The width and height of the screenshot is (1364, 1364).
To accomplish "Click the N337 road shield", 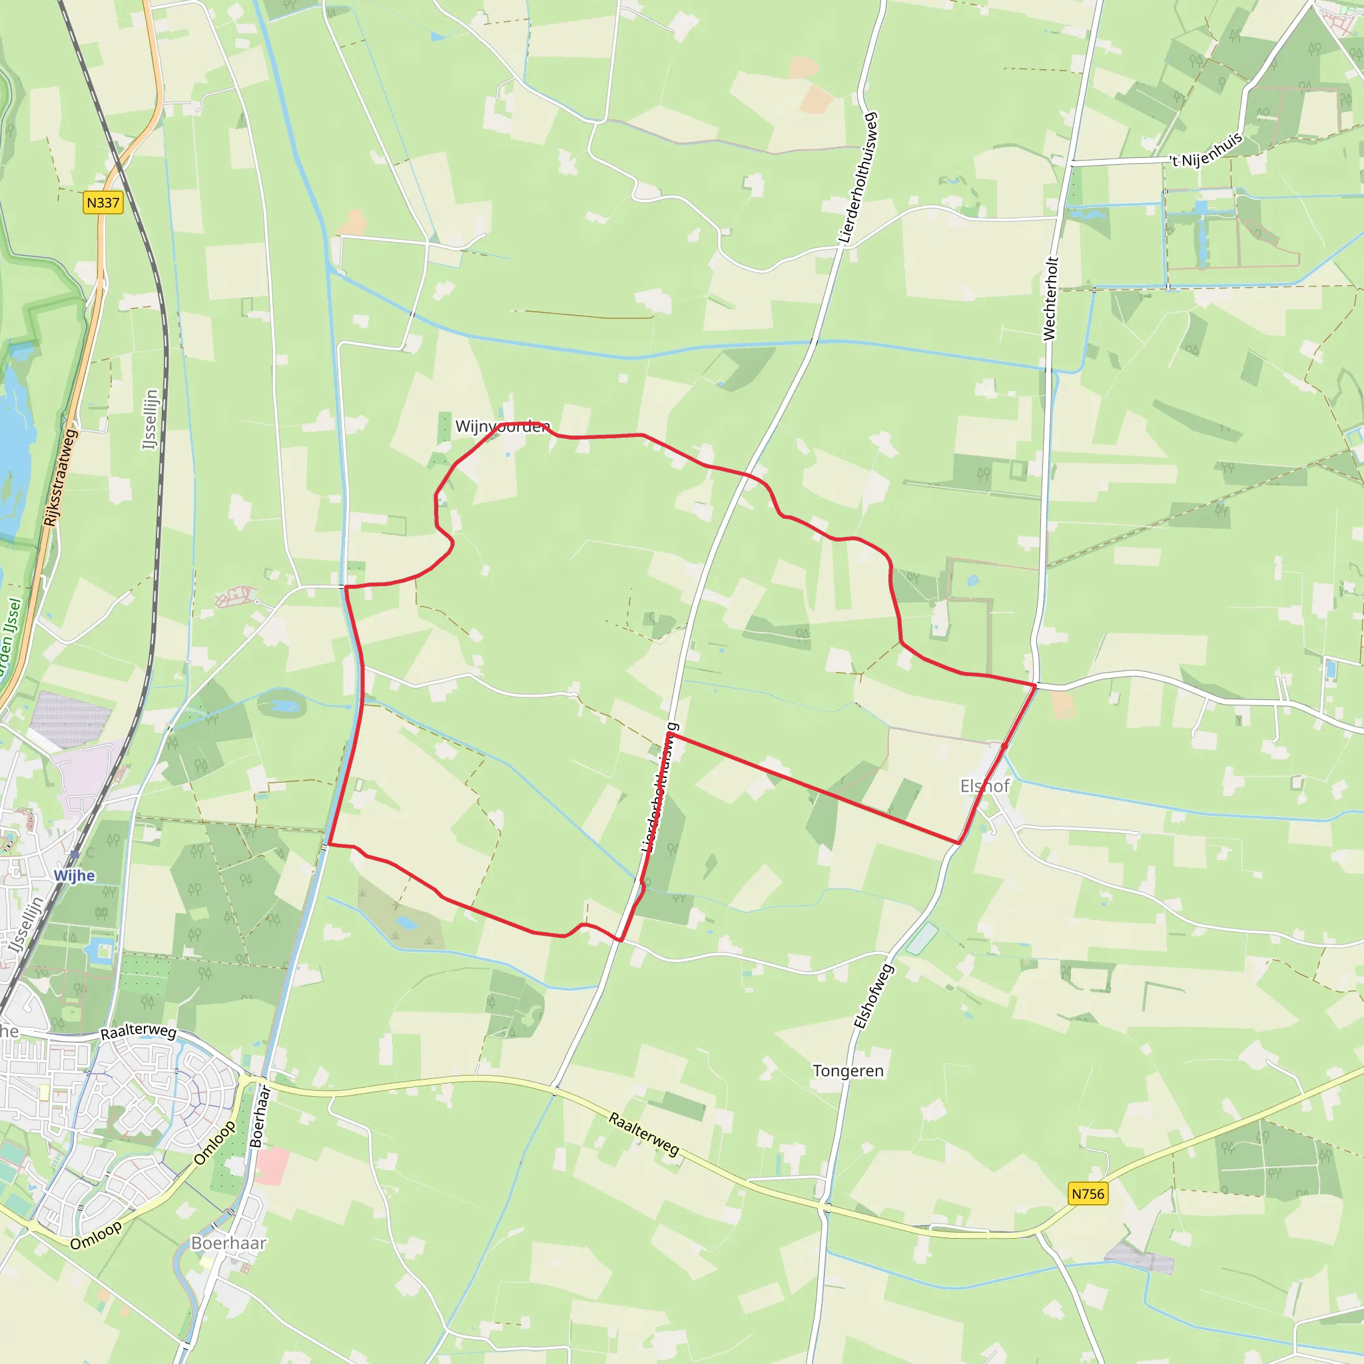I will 103,202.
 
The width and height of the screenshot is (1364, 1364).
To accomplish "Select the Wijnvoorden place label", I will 502,426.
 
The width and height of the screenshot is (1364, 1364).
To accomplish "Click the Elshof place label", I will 985,786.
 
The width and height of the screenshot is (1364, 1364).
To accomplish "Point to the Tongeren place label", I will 848,1071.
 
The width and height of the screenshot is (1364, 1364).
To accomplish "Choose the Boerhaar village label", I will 228,1243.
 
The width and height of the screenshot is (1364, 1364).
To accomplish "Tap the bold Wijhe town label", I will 74,875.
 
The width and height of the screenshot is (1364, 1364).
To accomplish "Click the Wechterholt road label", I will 1050,298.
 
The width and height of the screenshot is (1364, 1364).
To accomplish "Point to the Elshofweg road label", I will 873,996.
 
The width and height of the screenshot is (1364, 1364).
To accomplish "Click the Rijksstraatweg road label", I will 59,478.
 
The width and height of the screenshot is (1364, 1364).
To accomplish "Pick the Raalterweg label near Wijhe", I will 139,1032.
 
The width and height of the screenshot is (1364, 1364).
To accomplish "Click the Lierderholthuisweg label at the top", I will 858,178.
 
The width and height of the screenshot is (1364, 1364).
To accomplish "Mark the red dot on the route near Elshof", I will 1004,745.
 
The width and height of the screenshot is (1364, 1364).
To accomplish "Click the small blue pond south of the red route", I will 406,922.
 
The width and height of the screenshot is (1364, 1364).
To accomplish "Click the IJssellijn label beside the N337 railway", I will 151,420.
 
